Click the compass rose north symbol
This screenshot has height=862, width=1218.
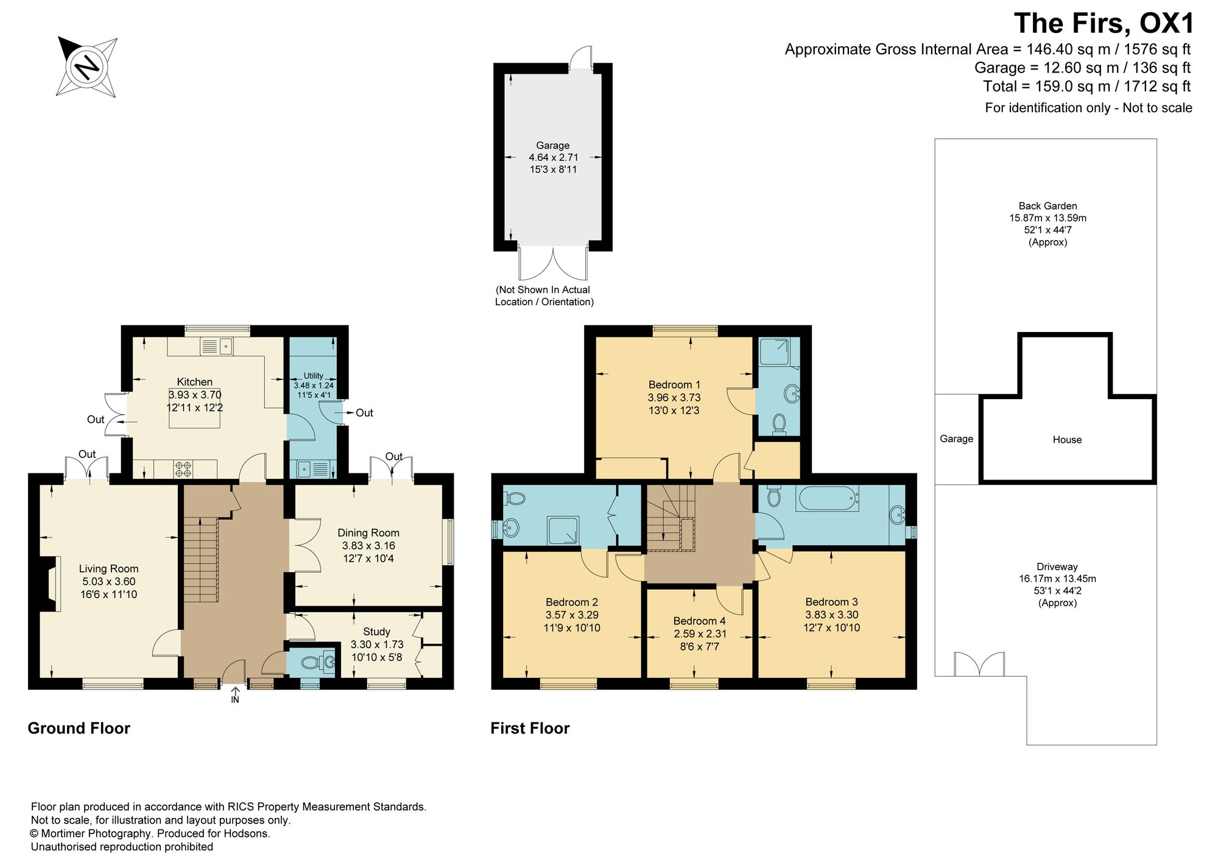pos(87,66)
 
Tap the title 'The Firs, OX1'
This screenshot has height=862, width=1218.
pos(1104,24)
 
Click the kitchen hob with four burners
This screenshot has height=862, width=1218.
pos(183,469)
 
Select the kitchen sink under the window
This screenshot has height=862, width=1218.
pos(217,347)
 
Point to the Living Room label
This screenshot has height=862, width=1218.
pos(108,569)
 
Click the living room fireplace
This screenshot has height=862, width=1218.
pos(49,583)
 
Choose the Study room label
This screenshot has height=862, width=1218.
pos(376,632)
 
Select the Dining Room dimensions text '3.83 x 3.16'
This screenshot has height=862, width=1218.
pos(368,546)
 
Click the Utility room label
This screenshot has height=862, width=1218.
pos(314,376)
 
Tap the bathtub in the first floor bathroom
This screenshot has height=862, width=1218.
pos(828,499)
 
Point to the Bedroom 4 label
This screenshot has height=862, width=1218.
pos(699,621)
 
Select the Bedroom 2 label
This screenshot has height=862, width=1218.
pos(572,602)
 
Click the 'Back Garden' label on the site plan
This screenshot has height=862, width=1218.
pos(1047,206)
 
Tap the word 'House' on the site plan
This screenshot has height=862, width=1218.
pos(1067,440)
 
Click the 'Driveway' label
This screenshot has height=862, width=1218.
pos(1057,567)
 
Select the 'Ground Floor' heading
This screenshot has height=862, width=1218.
pos(79,729)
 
